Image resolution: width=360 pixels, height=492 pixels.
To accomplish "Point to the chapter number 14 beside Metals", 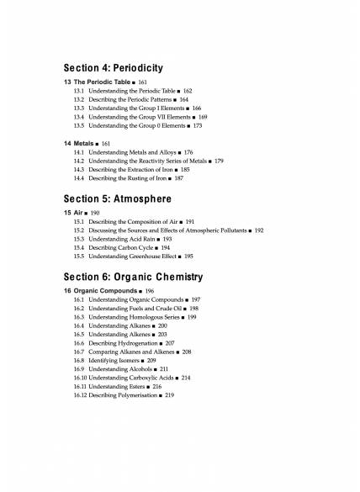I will [x=67, y=144].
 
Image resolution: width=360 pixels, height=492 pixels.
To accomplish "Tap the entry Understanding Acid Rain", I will [x=122, y=239].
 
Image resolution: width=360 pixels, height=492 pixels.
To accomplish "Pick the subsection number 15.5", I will [x=79, y=257].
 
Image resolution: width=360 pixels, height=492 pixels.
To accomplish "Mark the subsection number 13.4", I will [x=79, y=117].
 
